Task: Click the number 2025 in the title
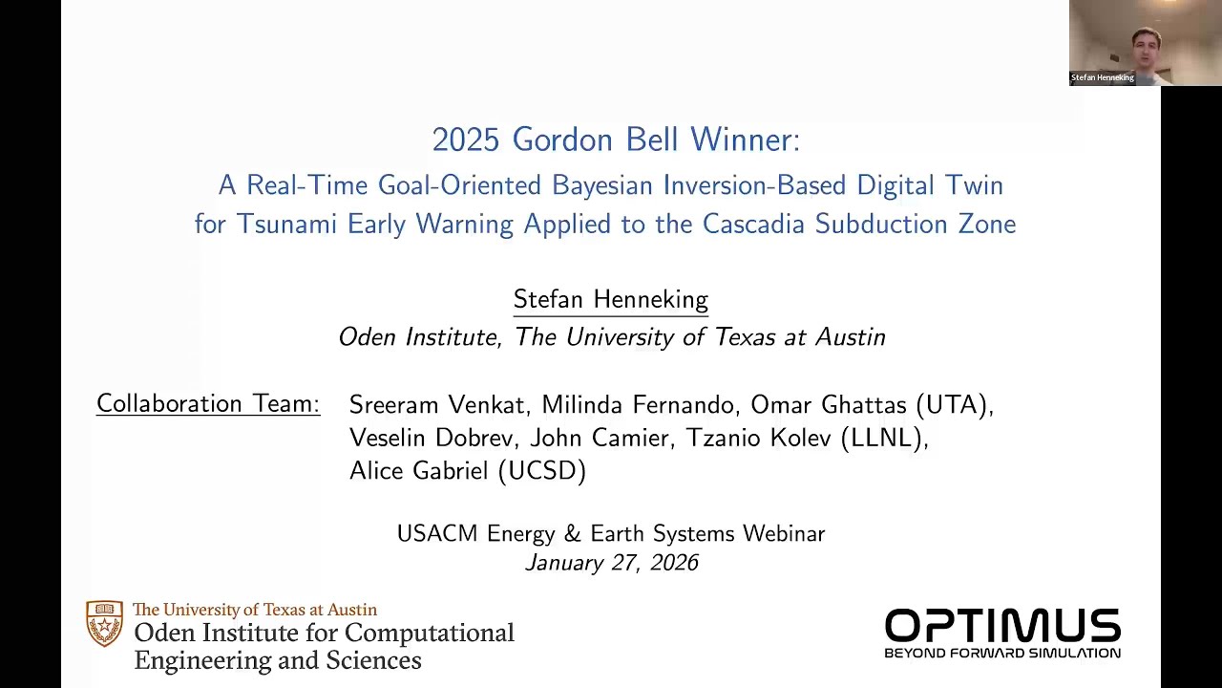tap(465, 140)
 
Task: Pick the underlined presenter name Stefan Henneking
tap(610, 300)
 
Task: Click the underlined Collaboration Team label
tap(207, 404)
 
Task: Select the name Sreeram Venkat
tap(437, 405)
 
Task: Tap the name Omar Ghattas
tap(829, 405)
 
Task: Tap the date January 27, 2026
tap(611, 563)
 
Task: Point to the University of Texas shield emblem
tap(104, 624)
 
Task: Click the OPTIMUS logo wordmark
tap(1002, 628)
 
